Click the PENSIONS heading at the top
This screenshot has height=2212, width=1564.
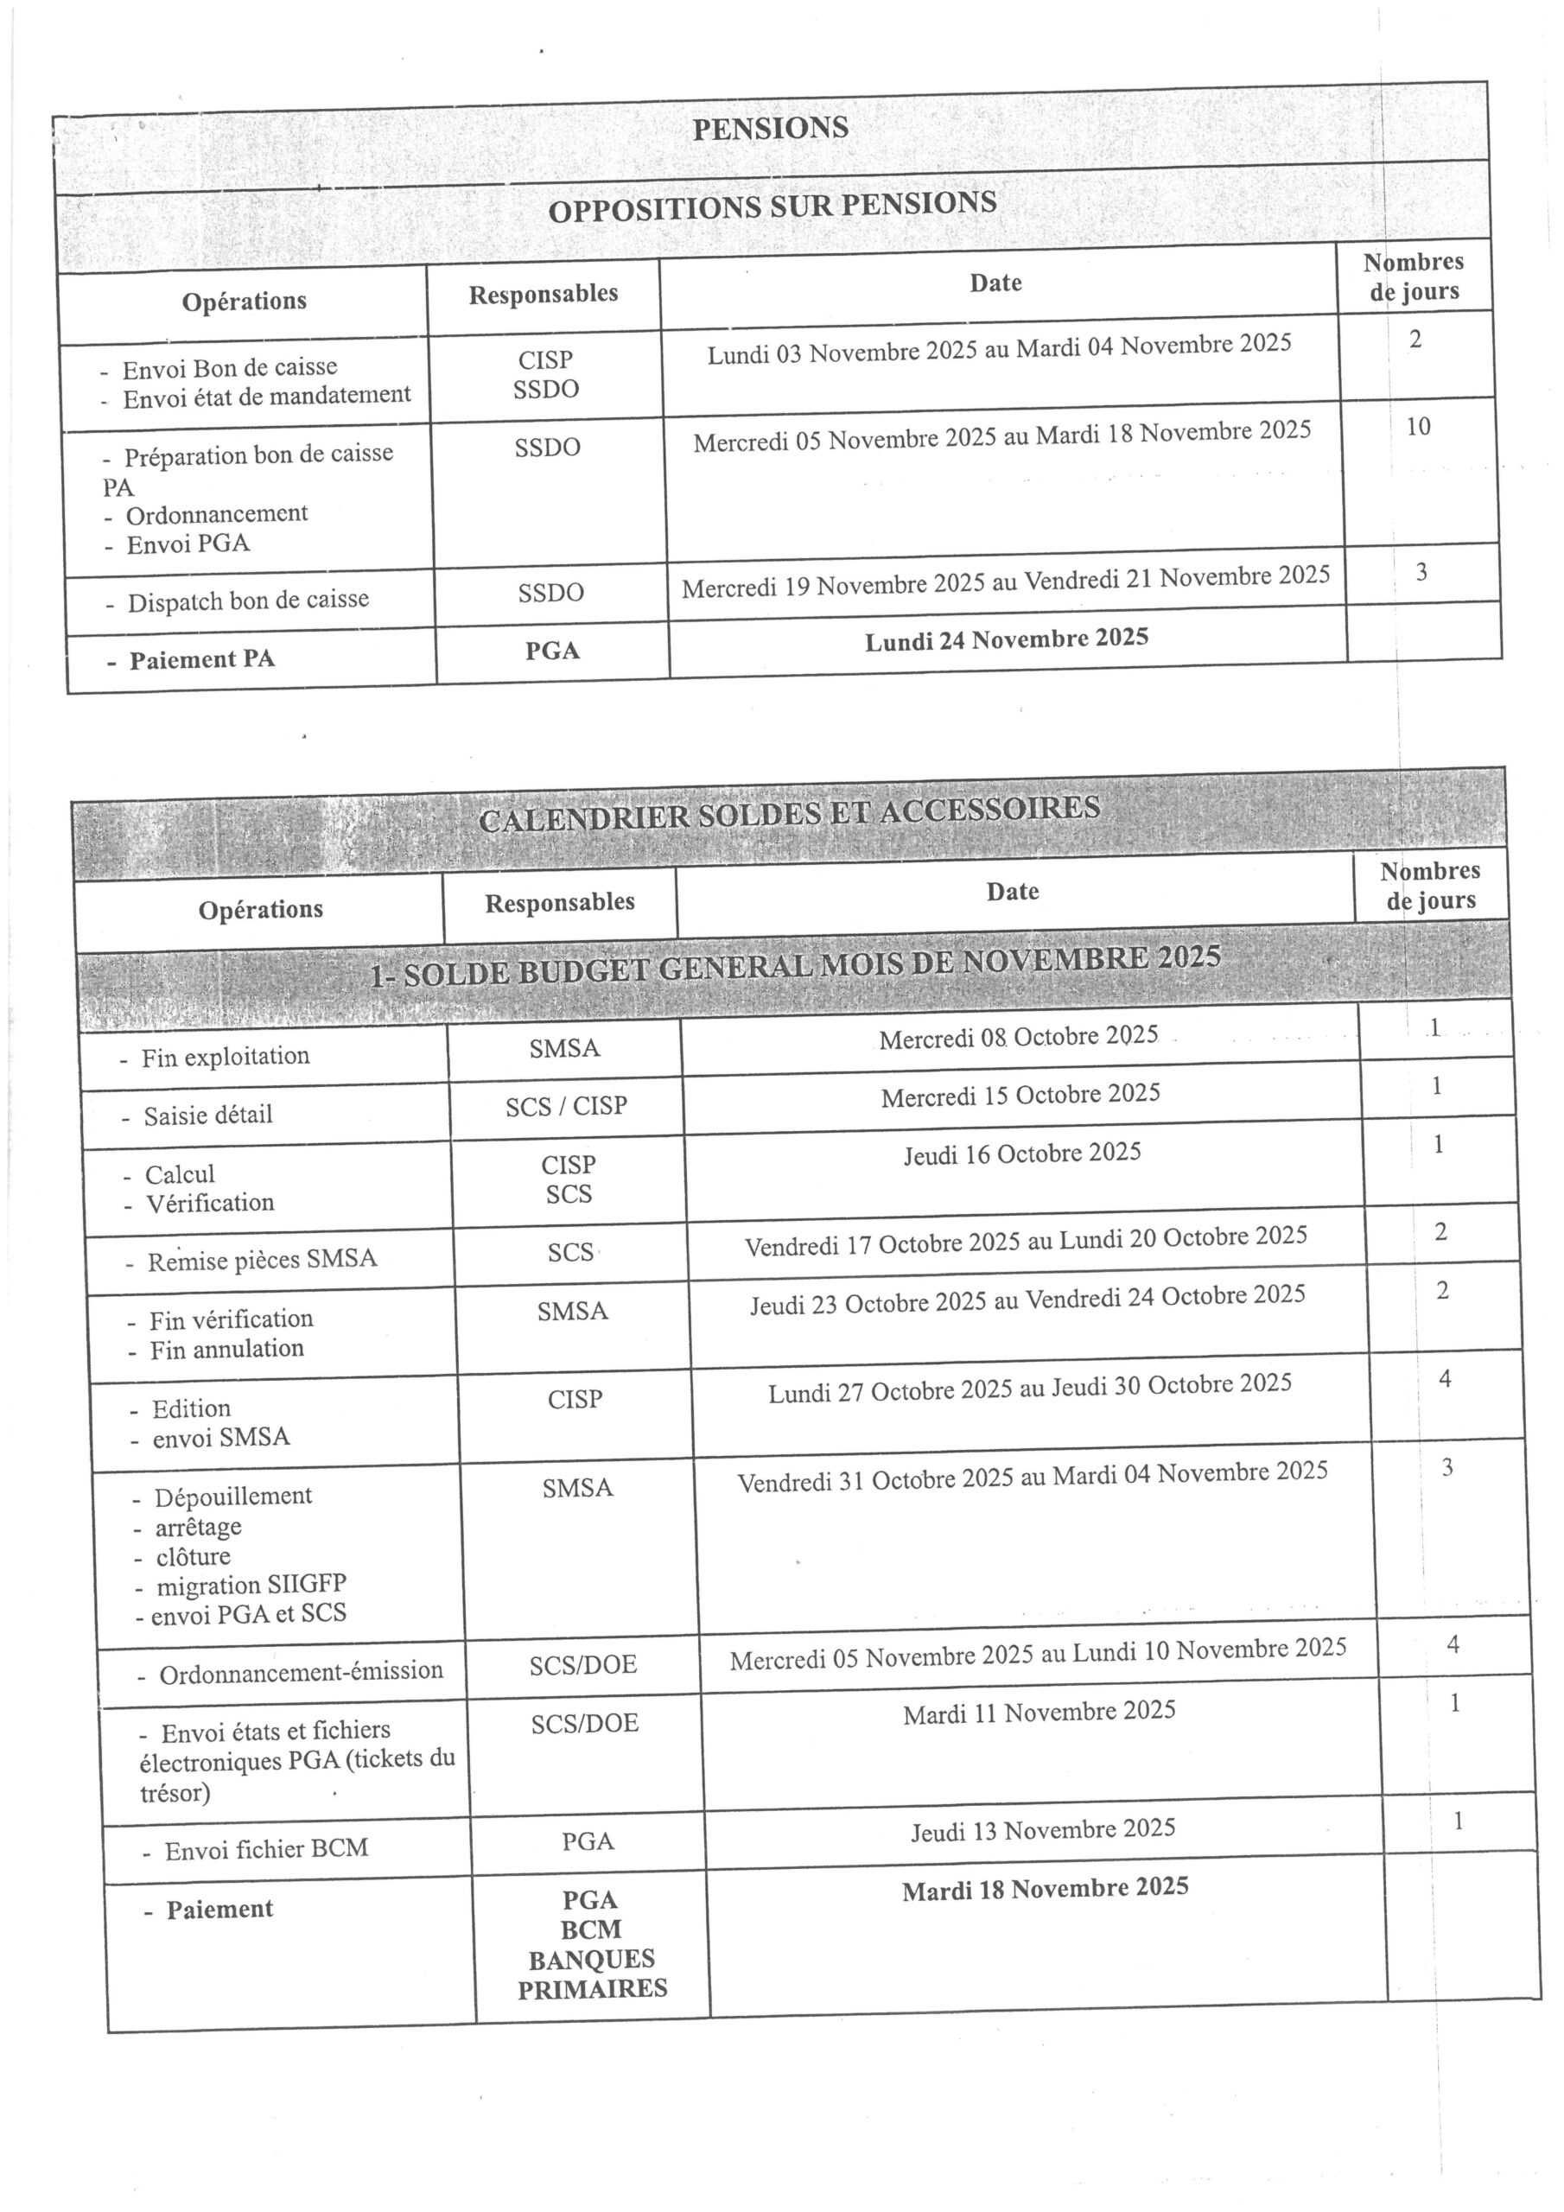[x=770, y=128]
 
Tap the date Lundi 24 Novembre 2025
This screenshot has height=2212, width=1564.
[x=1006, y=639]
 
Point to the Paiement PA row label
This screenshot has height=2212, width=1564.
[x=201, y=660]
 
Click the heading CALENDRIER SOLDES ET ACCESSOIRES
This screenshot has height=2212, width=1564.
[x=789, y=813]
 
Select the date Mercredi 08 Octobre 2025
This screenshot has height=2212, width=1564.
[x=1018, y=1038]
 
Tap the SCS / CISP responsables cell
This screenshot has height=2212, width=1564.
[x=566, y=1106]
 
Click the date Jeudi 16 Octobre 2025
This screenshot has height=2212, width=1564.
[x=1021, y=1154]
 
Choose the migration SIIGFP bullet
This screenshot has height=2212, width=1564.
[x=251, y=1585]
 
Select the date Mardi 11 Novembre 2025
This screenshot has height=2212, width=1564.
[x=1039, y=1712]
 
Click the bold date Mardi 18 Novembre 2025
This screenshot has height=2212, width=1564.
[x=1045, y=1888]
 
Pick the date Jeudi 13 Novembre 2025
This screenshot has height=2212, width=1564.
[x=1043, y=1829]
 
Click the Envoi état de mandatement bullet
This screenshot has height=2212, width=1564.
[x=266, y=396]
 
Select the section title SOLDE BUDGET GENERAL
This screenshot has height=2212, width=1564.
[x=795, y=965]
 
